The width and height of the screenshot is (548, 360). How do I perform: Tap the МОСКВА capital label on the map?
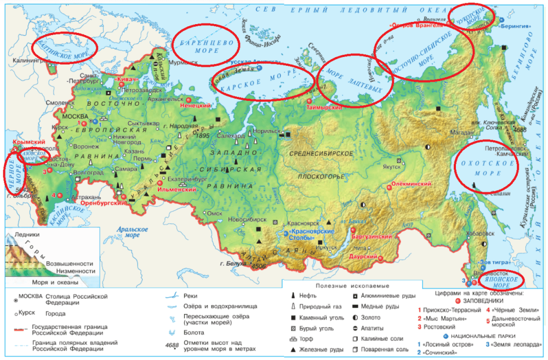click(x=75, y=117)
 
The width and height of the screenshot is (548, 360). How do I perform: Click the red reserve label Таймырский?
click(x=324, y=108)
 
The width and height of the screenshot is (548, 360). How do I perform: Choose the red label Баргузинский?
click(x=372, y=237)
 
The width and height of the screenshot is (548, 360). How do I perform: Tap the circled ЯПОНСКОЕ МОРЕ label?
click(x=501, y=282)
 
